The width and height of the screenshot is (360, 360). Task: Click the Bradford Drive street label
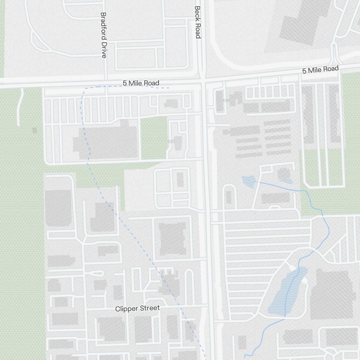pyautogui.click(x=104, y=35)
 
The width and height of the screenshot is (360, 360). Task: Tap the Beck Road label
pyautogui.click(x=197, y=22)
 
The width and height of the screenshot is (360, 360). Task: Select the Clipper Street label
pyautogui.click(x=137, y=309)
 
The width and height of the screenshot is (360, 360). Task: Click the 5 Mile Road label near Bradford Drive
pyautogui.click(x=141, y=83)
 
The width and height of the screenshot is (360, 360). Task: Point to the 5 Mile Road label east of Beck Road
pyautogui.click(x=320, y=69)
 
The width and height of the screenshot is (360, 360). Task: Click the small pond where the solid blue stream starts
pyautogui.click(x=248, y=181)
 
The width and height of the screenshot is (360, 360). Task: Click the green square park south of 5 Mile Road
pyautogui.click(x=154, y=138)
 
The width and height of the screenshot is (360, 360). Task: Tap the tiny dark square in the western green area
pyautogui.click(x=35, y=130)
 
